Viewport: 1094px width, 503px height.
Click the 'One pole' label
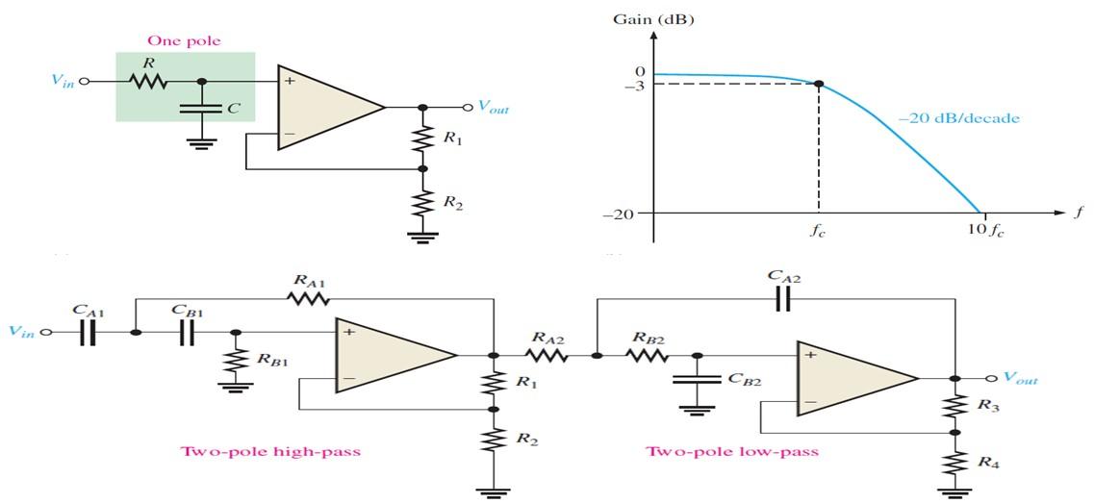[183, 40]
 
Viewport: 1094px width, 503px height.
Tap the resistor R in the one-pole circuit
[149, 82]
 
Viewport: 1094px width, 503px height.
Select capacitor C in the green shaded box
[199, 107]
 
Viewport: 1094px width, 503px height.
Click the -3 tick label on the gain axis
[635, 86]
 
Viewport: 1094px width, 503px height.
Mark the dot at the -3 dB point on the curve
[819, 85]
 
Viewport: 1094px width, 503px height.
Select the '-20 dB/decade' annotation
[957, 118]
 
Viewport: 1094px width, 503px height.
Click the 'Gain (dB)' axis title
[653, 18]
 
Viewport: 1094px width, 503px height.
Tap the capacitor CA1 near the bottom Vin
[88, 332]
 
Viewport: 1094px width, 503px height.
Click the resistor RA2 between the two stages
[545, 355]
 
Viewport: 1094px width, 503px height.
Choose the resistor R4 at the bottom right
[954, 463]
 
